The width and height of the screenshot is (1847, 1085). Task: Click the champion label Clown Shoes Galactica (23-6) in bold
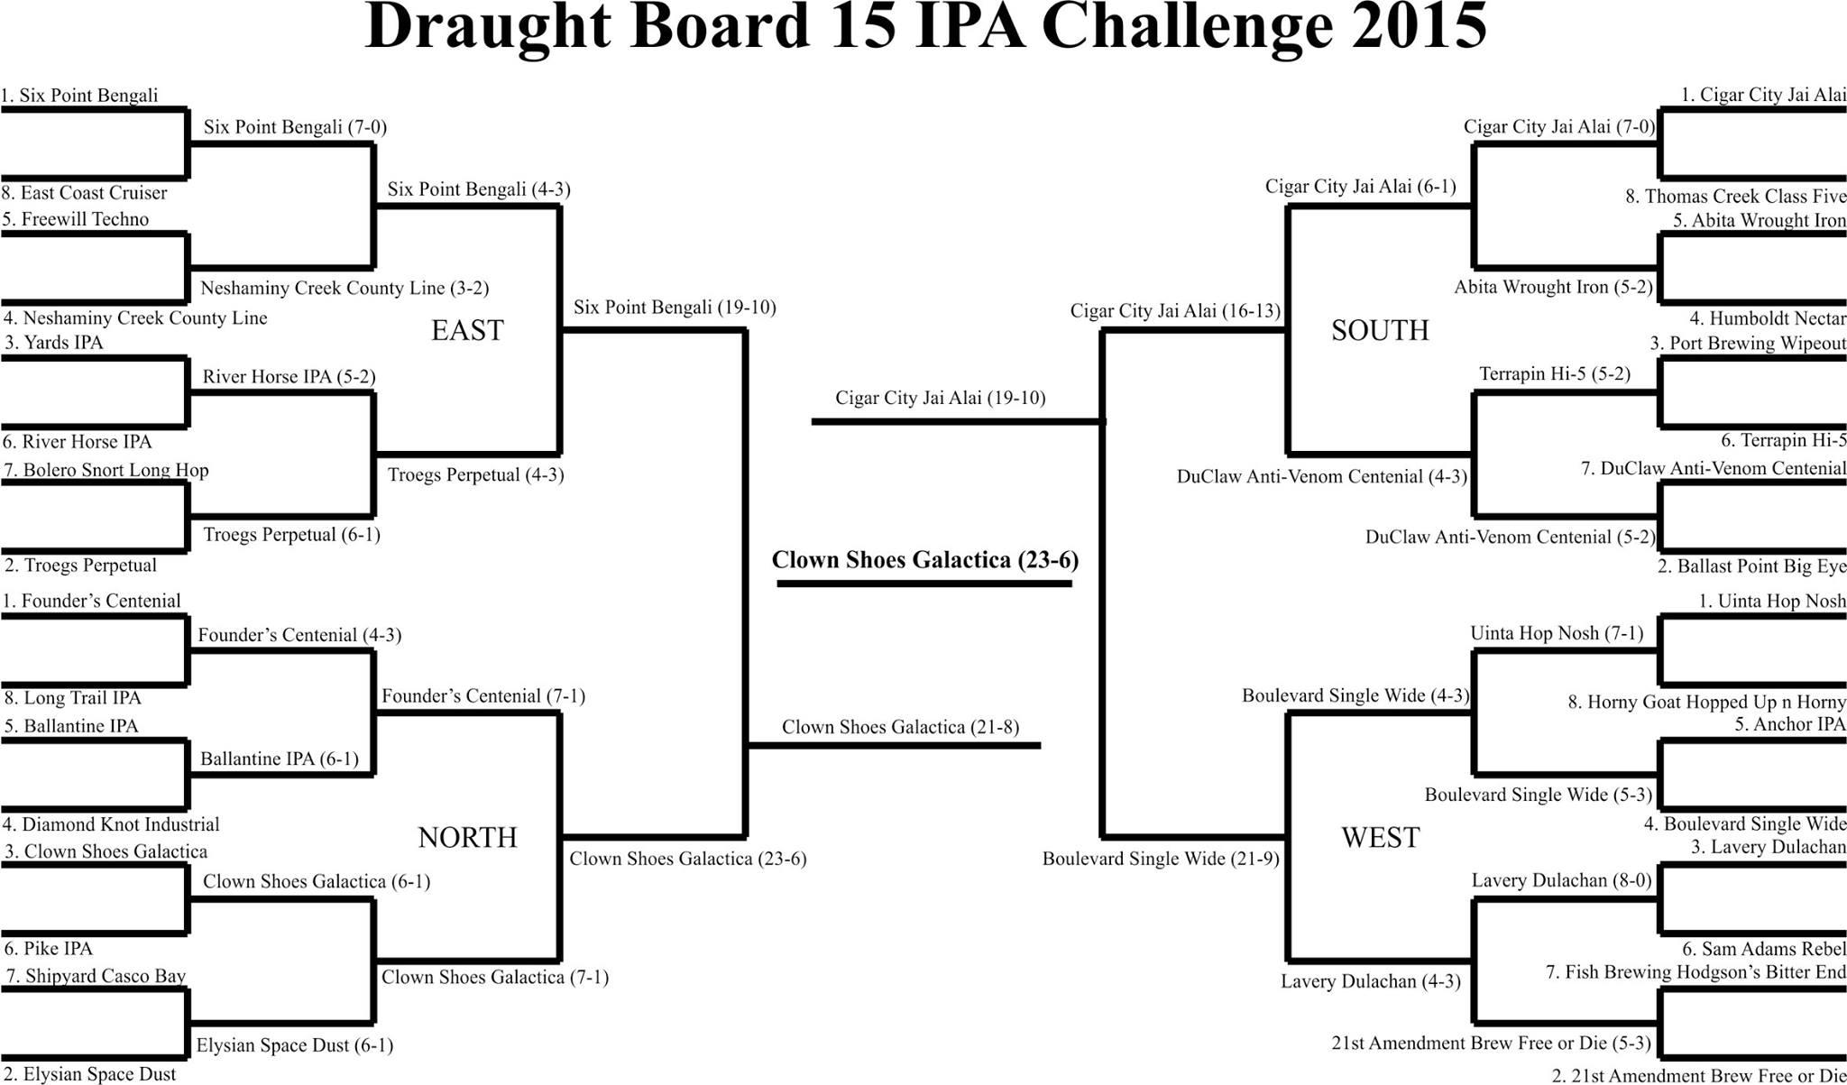tap(925, 560)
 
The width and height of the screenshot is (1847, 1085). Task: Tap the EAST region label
tap(467, 330)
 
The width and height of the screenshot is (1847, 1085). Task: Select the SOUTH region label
tap(1380, 330)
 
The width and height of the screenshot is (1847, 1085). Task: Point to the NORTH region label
tap(467, 838)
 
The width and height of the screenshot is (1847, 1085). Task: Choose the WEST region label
tap(1380, 838)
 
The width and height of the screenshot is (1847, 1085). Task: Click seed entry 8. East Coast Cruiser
tap(85, 193)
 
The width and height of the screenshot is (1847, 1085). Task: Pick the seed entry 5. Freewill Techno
tap(76, 219)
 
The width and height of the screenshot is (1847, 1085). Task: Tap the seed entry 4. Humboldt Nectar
tap(1768, 318)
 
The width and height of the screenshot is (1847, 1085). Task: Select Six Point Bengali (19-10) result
tap(675, 308)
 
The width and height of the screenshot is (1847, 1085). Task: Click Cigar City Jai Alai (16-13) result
tap(1175, 311)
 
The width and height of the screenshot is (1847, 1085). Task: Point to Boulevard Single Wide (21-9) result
tap(1161, 859)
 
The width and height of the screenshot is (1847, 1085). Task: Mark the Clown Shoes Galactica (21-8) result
tap(900, 727)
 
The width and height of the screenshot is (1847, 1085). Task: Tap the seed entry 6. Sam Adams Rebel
tap(1764, 949)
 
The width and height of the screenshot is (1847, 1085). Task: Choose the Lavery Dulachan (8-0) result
tap(1561, 880)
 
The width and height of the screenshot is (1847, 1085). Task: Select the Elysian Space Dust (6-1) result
tap(295, 1046)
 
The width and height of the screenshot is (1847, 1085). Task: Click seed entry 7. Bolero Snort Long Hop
tap(106, 470)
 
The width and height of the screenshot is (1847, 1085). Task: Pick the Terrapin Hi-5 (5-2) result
tap(1555, 373)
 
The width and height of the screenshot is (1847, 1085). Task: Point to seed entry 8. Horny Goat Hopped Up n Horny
tap(1706, 702)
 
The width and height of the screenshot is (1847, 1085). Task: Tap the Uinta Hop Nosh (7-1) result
tap(1557, 633)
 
